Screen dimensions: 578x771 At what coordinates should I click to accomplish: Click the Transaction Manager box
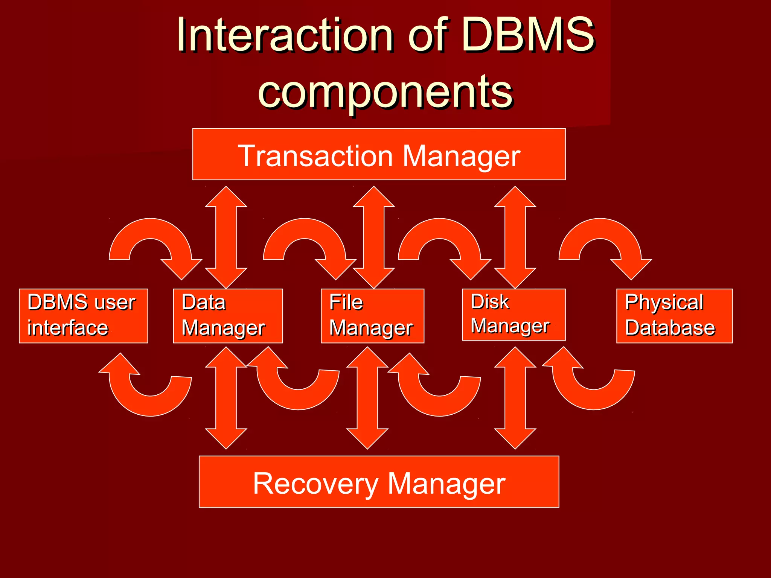point(379,154)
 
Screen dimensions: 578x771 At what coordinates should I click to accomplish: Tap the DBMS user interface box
point(83,316)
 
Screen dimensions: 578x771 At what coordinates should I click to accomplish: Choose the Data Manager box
point(228,316)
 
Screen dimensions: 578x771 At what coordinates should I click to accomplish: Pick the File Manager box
point(372,316)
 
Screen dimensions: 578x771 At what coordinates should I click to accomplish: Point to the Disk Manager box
point(513,315)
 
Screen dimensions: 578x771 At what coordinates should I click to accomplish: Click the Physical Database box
point(674,316)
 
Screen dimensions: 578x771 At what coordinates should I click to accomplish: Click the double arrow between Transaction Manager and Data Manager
point(226,237)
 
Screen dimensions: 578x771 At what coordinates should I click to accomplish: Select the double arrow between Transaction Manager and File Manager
point(374,237)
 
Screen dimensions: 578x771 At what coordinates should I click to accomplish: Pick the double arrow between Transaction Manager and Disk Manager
point(515,237)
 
